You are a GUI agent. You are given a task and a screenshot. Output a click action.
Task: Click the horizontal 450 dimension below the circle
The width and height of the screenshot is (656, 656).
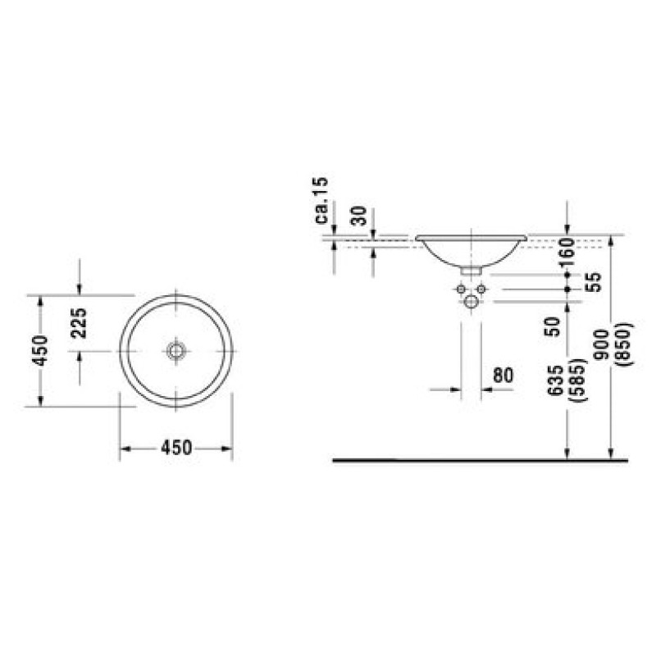tap(176, 448)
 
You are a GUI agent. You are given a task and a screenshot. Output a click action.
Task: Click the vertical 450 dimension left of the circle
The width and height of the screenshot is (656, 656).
tap(41, 351)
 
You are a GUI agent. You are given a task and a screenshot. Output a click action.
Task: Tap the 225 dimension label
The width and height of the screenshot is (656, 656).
tap(79, 323)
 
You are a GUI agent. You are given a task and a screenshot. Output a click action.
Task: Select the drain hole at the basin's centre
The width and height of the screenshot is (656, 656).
tap(175, 351)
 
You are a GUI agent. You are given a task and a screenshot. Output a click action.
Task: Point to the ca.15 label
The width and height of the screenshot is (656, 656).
tap(321, 200)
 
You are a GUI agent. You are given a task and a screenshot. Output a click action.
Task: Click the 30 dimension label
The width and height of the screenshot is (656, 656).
tap(359, 216)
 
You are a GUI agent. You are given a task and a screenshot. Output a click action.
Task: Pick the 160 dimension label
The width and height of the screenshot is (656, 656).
tap(567, 253)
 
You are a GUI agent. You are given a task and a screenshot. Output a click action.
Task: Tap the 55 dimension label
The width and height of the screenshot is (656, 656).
tap(594, 282)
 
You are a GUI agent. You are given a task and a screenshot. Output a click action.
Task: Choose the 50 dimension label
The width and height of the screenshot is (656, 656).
tap(552, 326)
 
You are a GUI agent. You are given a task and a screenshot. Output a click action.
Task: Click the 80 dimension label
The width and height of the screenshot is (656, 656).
tap(503, 376)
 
